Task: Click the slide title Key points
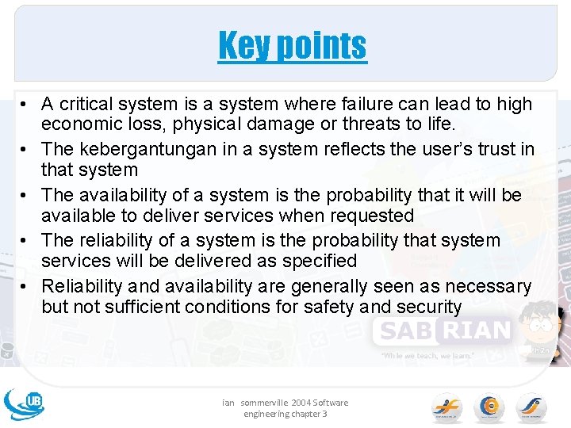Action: (293, 45)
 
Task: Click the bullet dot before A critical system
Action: (26, 104)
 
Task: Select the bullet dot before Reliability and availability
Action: (26, 285)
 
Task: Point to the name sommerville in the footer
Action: (263, 403)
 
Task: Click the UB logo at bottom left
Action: (24, 403)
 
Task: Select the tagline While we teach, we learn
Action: (427, 356)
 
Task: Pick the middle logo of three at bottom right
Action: (489, 406)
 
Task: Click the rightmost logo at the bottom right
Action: (531, 406)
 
